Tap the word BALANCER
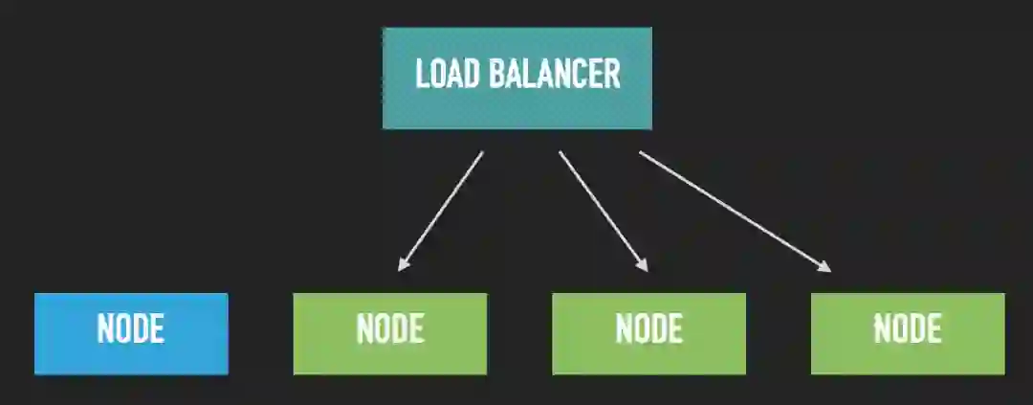tap(555, 75)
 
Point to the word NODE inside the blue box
tap(131, 329)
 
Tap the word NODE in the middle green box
tap(648, 329)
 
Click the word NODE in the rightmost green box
tap(908, 329)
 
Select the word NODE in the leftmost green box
tap(389, 329)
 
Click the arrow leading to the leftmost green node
tap(442, 209)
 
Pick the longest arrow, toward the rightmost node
tap(732, 210)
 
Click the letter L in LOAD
tap(422, 75)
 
